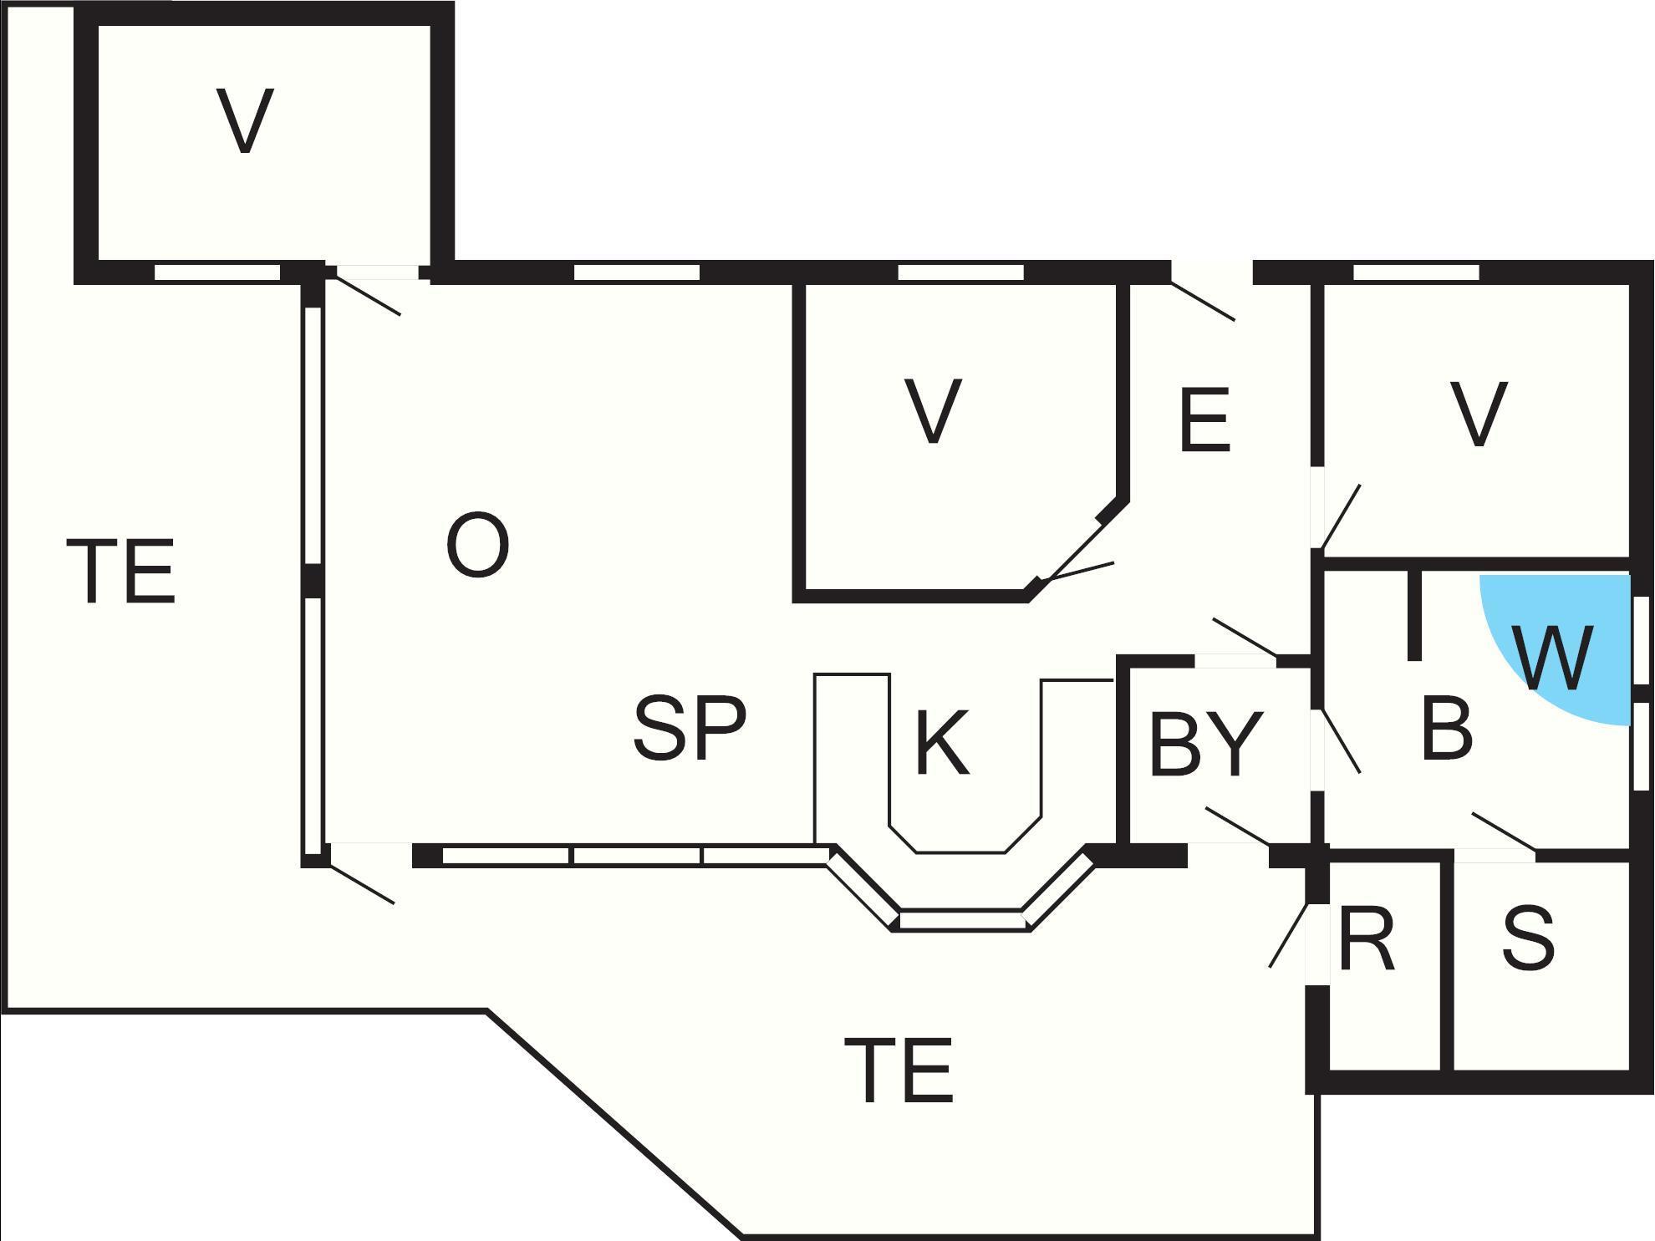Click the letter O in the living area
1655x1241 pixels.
[x=478, y=546]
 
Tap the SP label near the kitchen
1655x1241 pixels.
[x=690, y=728]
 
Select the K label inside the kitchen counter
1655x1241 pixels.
[x=942, y=742]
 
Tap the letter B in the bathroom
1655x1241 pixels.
[x=1447, y=728]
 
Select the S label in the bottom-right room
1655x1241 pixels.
[x=1529, y=939]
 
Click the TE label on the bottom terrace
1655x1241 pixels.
[x=899, y=1071]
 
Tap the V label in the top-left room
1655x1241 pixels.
[x=245, y=120]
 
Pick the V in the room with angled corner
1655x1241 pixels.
[x=933, y=410]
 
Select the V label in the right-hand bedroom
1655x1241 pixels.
[x=1479, y=415]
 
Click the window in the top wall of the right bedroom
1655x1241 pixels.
[x=1416, y=272]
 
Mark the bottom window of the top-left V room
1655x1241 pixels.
[x=217, y=272]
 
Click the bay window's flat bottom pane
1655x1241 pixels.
[x=961, y=921]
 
